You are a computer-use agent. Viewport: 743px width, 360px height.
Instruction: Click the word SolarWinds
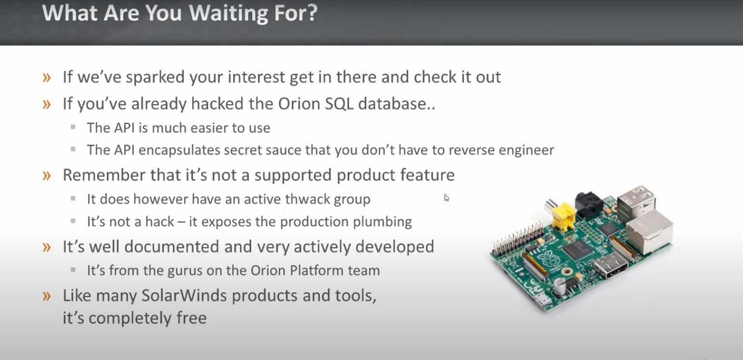[184, 295]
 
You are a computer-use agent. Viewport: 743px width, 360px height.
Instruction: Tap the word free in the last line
[191, 318]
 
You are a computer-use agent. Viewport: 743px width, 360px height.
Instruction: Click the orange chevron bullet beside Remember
[47, 176]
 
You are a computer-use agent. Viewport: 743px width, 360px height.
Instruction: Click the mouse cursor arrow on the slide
[446, 198]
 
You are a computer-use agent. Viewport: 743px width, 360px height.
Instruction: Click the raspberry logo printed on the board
[549, 258]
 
